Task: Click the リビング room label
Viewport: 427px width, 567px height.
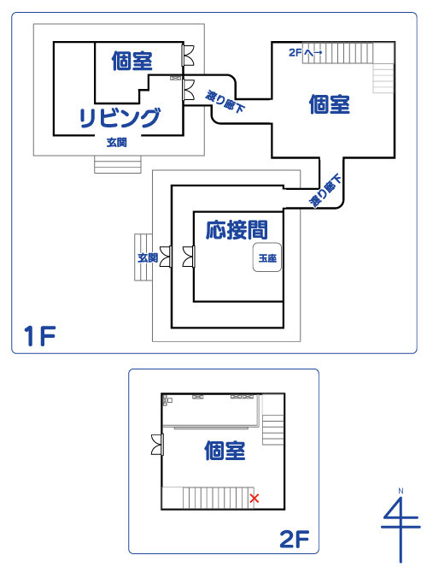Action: click(x=120, y=117)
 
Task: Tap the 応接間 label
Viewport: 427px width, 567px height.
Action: click(x=237, y=230)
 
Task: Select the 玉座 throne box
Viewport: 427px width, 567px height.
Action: click(x=267, y=257)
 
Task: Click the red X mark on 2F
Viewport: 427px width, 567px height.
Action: click(x=254, y=499)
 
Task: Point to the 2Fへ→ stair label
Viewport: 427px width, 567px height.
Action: click(x=306, y=53)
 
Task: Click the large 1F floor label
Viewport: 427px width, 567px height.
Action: click(x=39, y=336)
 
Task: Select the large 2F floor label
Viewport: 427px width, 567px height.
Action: click(x=295, y=539)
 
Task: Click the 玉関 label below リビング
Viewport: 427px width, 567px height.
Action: click(x=117, y=143)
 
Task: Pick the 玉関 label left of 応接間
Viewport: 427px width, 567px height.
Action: click(x=148, y=257)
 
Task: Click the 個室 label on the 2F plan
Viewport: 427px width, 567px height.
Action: click(x=225, y=451)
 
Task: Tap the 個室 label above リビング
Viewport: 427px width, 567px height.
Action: click(x=132, y=61)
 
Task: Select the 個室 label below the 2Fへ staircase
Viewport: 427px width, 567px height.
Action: click(x=329, y=104)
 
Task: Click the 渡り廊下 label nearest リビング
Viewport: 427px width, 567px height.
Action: click(x=225, y=102)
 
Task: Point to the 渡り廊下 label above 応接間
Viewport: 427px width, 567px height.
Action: click(x=326, y=191)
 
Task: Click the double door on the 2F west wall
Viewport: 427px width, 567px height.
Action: click(x=157, y=445)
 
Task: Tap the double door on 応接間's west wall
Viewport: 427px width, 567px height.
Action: click(x=189, y=257)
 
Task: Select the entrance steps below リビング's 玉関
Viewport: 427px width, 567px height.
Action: click(x=118, y=164)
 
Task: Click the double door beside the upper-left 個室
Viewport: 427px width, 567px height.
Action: click(x=188, y=55)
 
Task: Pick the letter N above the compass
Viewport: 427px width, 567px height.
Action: click(x=401, y=491)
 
